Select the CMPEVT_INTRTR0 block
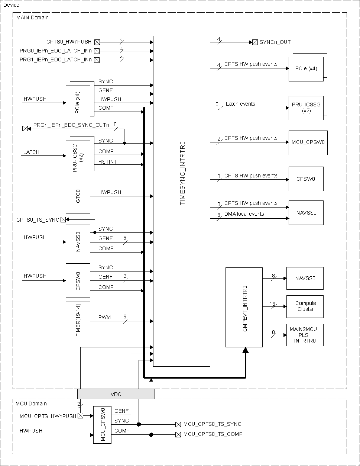click(244, 307)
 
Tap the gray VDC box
click(116, 394)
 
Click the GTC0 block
click(78, 196)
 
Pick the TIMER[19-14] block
click(78, 321)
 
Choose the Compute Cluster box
click(305, 306)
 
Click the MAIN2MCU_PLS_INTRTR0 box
click(305, 335)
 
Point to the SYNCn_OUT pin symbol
click(255, 42)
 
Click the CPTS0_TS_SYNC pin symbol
click(63, 220)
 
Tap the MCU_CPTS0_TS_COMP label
click(213, 434)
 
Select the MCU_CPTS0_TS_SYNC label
click(212, 424)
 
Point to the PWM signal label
click(104, 317)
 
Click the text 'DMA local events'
click(244, 214)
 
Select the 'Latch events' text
click(240, 104)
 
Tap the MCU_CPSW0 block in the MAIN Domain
click(307, 142)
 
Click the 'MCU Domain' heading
click(31, 404)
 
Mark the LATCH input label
click(31, 152)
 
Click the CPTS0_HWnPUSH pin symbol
click(97, 42)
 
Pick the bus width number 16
click(272, 304)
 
